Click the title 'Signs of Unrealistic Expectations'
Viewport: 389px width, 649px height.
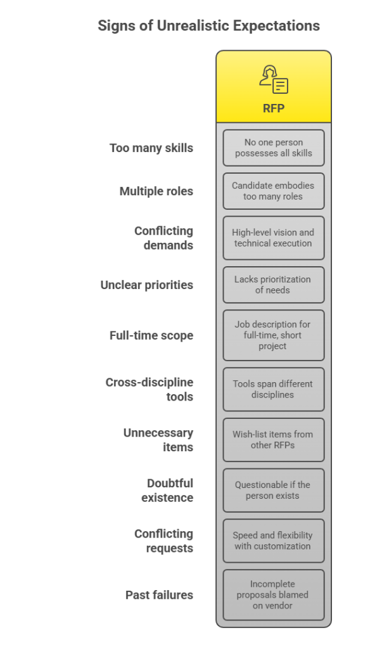pos(208,25)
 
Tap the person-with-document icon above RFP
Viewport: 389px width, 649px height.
pos(274,79)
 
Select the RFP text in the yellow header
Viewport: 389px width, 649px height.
pos(274,108)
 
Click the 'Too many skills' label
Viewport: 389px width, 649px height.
pos(151,148)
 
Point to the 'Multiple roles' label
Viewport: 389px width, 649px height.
pos(156,191)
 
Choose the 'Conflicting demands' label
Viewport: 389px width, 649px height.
pos(163,238)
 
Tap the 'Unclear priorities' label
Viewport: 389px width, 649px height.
pos(146,285)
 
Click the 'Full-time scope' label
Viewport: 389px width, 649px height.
pos(151,335)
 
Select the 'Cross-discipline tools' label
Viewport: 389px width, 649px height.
pos(149,390)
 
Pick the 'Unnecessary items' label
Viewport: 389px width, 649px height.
pos(158,440)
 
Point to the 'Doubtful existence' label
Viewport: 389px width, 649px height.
pos(167,491)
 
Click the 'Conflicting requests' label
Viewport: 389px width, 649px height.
pos(163,541)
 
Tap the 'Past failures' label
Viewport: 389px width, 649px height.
pos(159,594)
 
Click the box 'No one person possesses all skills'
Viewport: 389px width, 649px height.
pos(274,148)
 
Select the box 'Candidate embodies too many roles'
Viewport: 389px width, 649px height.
pos(274,191)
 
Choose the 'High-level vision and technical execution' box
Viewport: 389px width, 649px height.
pos(274,238)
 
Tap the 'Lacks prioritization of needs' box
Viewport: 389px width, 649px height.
pos(274,285)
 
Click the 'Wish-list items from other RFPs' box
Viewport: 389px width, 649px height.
pos(274,440)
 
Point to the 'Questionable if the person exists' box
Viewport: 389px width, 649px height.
pos(274,491)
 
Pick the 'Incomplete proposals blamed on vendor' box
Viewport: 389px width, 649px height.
pos(274,594)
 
